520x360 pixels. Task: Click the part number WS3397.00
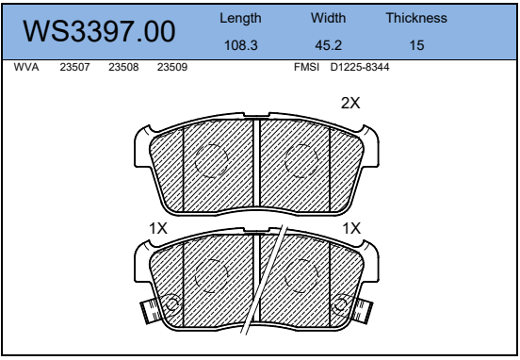tap(99, 31)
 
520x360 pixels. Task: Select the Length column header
tap(240, 18)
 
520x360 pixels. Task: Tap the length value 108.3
tap(241, 45)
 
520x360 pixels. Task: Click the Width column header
tap(329, 18)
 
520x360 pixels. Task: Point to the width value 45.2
tap(329, 45)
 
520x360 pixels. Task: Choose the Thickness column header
tap(416, 18)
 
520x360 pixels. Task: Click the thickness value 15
tap(417, 45)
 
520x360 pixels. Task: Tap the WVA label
tap(26, 67)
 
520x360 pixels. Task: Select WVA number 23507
tap(74, 67)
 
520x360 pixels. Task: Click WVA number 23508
tap(123, 67)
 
